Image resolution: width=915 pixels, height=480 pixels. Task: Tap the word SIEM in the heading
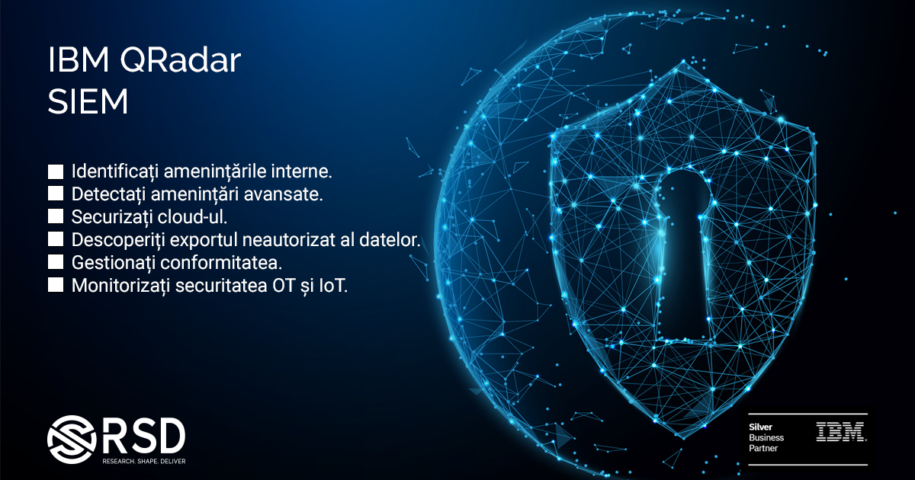88,102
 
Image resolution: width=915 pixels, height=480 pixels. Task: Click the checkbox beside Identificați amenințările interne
55,171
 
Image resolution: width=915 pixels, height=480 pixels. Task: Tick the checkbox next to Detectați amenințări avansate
55,194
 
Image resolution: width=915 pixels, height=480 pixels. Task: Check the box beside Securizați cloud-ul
55,216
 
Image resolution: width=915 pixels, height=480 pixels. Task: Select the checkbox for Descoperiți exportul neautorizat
55,239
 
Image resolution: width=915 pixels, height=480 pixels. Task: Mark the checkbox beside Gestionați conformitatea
55,262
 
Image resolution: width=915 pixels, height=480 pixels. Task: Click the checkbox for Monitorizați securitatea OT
55,285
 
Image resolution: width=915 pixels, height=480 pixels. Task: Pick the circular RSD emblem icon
71,439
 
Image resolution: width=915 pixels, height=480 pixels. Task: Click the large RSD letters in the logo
144,436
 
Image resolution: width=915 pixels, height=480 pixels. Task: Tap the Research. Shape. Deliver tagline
144,461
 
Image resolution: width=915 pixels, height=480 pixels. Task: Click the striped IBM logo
841,432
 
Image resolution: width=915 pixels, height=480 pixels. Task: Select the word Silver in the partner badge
760,427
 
